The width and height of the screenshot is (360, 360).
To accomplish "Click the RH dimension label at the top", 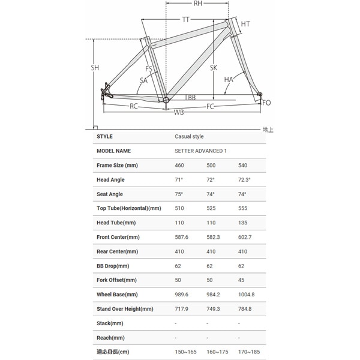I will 197,5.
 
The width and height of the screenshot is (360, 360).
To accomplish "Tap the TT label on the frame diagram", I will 186,20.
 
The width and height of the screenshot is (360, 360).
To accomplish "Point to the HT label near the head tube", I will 245,24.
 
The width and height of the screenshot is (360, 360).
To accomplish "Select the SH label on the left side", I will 95,68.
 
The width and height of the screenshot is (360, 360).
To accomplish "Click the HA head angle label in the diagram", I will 229,79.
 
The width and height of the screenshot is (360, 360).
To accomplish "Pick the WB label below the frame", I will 179,112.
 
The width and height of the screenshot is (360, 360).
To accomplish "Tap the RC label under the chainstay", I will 134,106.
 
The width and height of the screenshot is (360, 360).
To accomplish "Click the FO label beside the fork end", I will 267,103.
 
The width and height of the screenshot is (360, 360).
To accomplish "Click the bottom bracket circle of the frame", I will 166,101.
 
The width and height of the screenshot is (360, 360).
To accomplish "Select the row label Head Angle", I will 110,179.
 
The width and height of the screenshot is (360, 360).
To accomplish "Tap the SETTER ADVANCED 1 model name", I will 201,151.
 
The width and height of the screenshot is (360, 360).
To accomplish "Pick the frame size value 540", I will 243,165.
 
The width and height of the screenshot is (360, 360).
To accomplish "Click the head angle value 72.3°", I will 244,179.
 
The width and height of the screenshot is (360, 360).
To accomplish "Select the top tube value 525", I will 211,208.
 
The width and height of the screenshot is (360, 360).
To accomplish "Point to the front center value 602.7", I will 245,237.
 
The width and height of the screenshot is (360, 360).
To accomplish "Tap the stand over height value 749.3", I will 214,309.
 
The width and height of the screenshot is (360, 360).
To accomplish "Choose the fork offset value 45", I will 241,280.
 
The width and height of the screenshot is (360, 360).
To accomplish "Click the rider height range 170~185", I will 249,352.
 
